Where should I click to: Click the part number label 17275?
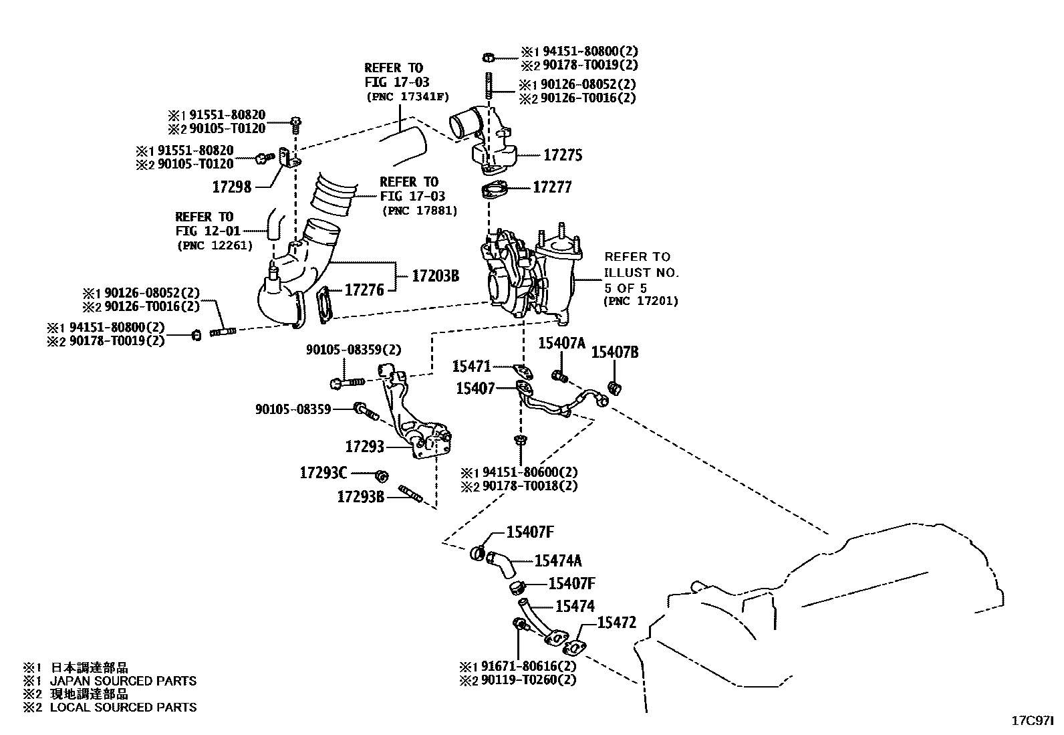[x=563, y=155]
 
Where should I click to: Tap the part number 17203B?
[x=435, y=275]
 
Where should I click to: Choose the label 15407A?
[x=561, y=343]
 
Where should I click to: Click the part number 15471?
[x=472, y=366]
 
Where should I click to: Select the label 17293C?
[x=323, y=473]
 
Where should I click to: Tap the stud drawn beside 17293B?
[x=410, y=494]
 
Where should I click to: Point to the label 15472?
[x=616, y=623]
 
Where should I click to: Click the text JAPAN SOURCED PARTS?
[x=123, y=681]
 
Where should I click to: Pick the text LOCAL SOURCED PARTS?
[x=123, y=707]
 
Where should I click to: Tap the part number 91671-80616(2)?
[x=528, y=666]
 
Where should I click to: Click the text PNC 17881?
[x=420, y=211]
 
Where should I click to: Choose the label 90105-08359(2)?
[x=354, y=350]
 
